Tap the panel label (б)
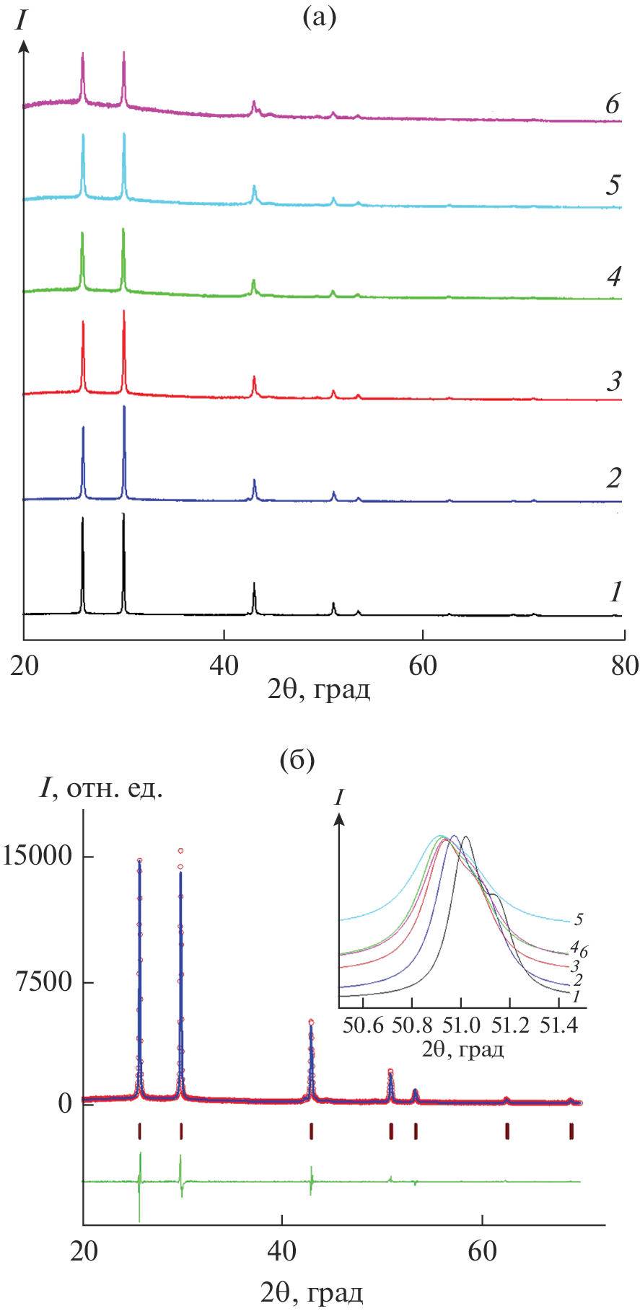297,761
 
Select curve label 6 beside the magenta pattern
613,105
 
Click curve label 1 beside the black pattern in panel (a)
615,593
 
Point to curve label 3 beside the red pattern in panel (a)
614,380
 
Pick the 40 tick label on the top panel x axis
224,666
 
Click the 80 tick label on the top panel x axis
623,666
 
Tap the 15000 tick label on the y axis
37,857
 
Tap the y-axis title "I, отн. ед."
101,790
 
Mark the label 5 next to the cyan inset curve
579,920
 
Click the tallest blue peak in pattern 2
124,408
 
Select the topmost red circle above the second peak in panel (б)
180,851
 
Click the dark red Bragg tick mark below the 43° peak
311,1131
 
